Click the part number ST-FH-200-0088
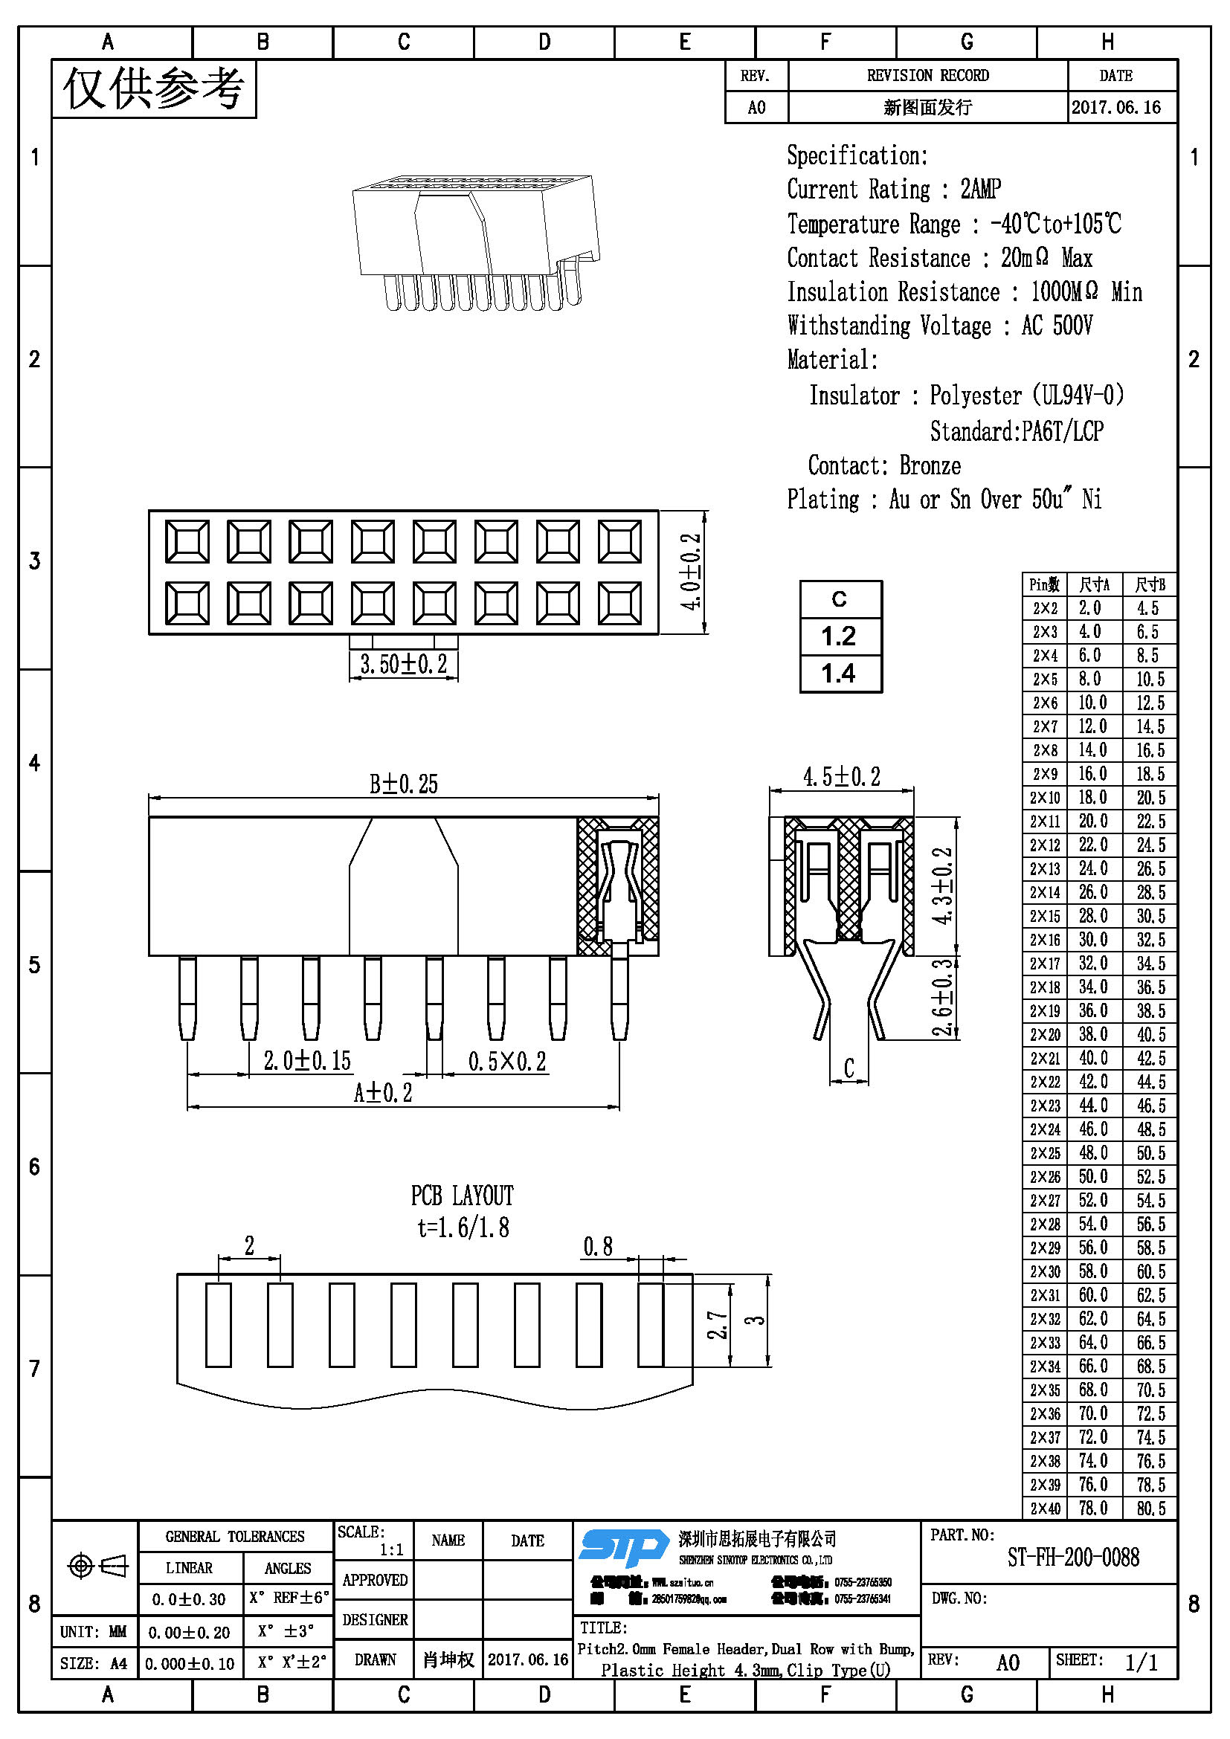[1072, 1558]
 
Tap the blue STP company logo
[624, 1548]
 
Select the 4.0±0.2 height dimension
[691, 572]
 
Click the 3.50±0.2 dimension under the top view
[403, 665]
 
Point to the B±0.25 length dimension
[403, 784]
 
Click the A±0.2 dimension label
[382, 1093]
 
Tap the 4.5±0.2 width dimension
[842, 777]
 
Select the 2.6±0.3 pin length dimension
[941, 998]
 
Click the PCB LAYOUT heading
[462, 1196]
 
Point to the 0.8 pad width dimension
[598, 1247]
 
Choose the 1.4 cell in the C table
[839, 674]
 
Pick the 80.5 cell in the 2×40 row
[1150, 1508]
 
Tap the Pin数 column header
[1044, 584]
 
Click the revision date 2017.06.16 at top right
[1115, 108]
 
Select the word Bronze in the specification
[930, 465]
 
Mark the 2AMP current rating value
[981, 189]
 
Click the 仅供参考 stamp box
[154, 89]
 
